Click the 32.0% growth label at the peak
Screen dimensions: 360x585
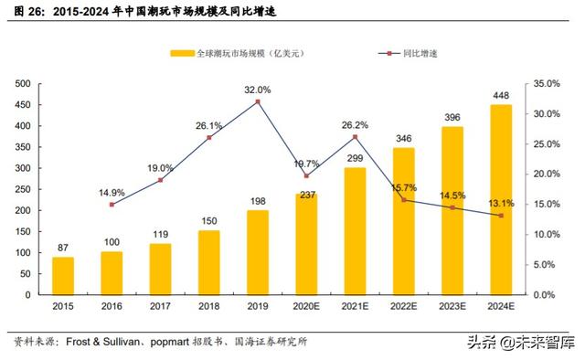pyautogui.click(x=258, y=90)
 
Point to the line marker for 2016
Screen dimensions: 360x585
pyautogui.click(x=112, y=205)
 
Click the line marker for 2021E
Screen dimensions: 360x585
pyautogui.click(x=356, y=137)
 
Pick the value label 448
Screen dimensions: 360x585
pyautogui.click(x=502, y=95)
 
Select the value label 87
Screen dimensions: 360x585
pyautogui.click(x=63, y=248)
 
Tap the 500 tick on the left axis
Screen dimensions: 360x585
pyautogui.click(x=25, y=83)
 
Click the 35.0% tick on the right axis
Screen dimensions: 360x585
pyautogui.click(x=545, y=83)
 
